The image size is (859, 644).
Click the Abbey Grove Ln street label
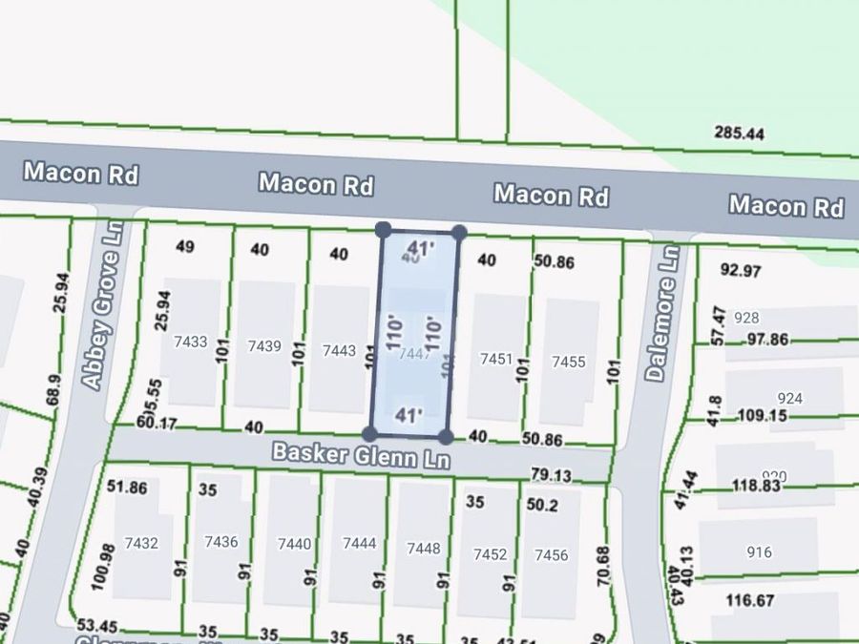pyautogui.click(x=105, y=306)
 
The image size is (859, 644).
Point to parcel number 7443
pyautogui.click(x=339, y=350)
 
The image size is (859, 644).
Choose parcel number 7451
pyautogui.click(x=496, y=359)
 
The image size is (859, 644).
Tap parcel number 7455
pyautogui.click(x=568, y=362)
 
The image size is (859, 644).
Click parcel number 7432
pyautogui.click(x=141, y=542)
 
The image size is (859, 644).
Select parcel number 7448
pyautogui.click(x=424, y=548)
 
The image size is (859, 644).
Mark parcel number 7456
pyautogui.click(x=552, y=554)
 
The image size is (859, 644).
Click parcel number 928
pyautogui.click(x=747, y=318)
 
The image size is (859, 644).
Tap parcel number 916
pyautogui.click(x=760, y=552)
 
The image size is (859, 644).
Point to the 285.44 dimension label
pyautogui.click(x=739, y=135)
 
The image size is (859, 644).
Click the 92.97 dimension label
pyautogui.click(x=741, y=271)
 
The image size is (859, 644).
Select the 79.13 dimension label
pyautogui.click(x=551, y=474)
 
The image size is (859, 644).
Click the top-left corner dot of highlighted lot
pyautogui.click(x=383, y=230)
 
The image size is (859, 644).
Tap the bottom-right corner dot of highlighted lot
pyautogui.click(x=446, y=436)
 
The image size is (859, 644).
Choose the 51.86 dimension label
pyautogui.click(x=127, y=488)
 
